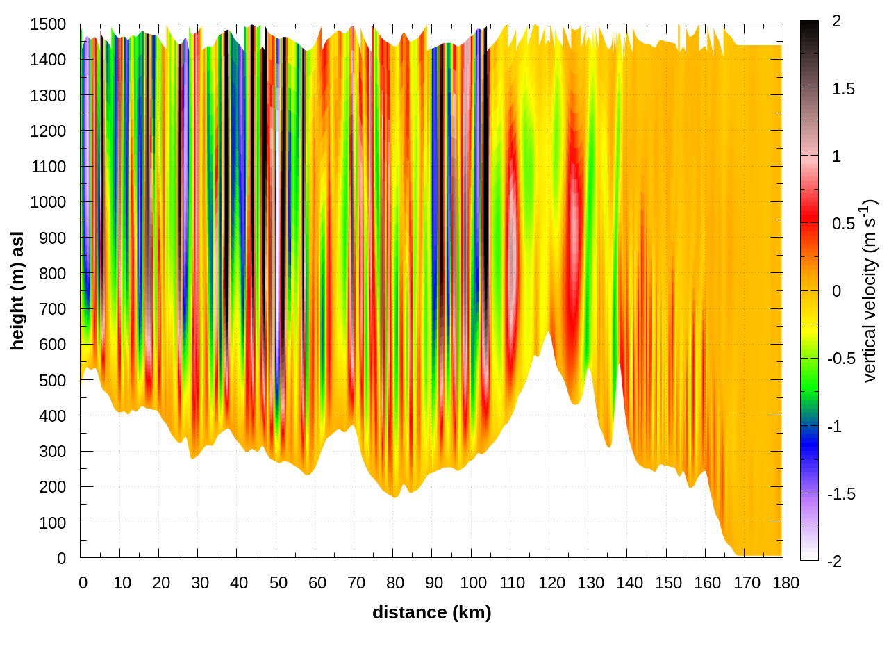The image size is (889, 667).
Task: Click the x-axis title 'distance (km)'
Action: (x=431, y=612)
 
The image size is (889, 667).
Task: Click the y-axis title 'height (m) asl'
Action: (x=17, y=290)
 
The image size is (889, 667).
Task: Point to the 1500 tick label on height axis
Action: (x=48, y=24)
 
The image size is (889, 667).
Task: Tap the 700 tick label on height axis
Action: (x=52, y=309)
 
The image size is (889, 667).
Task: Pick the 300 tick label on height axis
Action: (x=52, y=452)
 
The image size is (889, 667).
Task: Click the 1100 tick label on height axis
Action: (x=48, y=167)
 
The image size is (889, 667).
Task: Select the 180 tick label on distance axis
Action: (x=786, y=583)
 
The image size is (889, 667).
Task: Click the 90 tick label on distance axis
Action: (x=434, y=583)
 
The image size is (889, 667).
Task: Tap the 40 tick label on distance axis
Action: (x=239, y=583)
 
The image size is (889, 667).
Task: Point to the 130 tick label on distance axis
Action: (x=590, y=583)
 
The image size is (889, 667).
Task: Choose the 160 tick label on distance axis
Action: (x=708, y=583)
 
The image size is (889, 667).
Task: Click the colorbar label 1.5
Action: (x=843, y=89)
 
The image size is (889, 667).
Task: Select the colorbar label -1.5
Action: (x=840, y=494)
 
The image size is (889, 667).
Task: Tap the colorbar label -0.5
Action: (x=840, y=359)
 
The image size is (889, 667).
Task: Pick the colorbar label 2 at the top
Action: (x=836, y=22)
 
